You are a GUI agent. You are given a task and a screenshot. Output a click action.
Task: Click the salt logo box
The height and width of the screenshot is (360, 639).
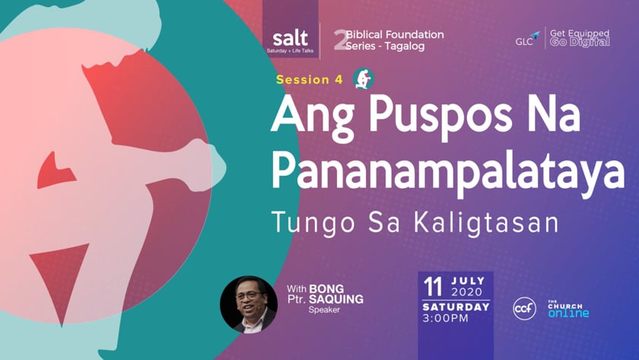click(x=290, y=29)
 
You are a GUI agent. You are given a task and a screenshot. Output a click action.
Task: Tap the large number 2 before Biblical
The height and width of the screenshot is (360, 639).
click(x=339, y=40)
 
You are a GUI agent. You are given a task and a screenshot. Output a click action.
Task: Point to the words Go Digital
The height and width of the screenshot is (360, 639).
click(x=580, y=42)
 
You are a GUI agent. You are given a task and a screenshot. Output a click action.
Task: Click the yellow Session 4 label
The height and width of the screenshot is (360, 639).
click(x=310, y=79)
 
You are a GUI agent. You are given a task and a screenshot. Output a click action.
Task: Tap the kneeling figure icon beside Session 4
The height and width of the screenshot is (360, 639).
click(x=363, y=78)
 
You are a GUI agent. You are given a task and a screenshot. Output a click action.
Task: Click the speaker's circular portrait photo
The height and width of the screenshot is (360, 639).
click(x=249, y=304)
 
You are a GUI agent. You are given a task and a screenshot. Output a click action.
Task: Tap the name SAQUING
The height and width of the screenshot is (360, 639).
click(x=336, y=299)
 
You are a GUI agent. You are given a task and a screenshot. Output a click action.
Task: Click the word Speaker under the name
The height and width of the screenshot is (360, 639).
click(x=324, y=310)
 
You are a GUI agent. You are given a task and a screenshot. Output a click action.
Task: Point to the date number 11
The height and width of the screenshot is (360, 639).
click(x=432, y=287)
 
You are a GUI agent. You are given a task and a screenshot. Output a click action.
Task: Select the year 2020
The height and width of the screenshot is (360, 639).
click(x=467, y=292)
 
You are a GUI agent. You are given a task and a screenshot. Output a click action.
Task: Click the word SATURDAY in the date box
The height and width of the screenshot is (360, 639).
click(x=456, y=307)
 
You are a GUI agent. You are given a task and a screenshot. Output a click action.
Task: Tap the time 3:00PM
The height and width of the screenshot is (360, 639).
click(x=446, y=318)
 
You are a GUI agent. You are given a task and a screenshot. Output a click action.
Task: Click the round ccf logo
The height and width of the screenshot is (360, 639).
click(x=524, y=309)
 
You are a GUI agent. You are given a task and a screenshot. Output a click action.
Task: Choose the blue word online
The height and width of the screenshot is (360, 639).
click(x=568, y=313)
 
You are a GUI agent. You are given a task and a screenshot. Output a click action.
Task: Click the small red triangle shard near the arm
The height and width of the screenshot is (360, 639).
click(x=55, y=171)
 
